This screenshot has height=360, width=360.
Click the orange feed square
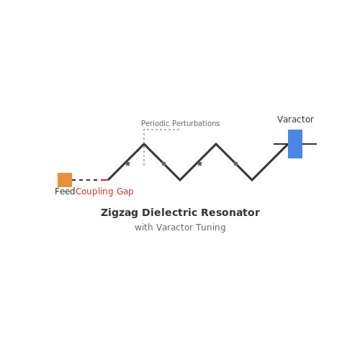(65, 180)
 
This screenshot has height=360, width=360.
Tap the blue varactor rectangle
(295, 144)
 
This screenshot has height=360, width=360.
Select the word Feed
(65, 192)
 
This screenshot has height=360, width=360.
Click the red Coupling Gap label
(104, 192)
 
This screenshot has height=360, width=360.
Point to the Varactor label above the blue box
(295, 120)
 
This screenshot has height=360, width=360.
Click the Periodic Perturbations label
(181, 123)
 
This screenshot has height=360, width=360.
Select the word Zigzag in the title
(120, 213)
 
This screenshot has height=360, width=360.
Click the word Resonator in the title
(230, 212)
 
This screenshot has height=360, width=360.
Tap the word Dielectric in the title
(170, 212)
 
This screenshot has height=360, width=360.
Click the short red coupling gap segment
(104, 180)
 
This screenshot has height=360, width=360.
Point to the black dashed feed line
(86, 180)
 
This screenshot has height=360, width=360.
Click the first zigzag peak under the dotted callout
(144, 144)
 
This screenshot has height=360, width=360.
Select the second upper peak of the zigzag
(216, 144)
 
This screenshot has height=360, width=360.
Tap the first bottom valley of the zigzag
(180, 180)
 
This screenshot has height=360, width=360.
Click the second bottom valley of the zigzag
(252, 180)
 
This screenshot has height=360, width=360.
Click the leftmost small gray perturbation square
(127, 163)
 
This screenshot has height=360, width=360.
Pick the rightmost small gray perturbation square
(235, 163)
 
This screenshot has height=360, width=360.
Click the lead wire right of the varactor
(310, 144)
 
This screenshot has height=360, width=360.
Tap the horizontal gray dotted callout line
(161, 130)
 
